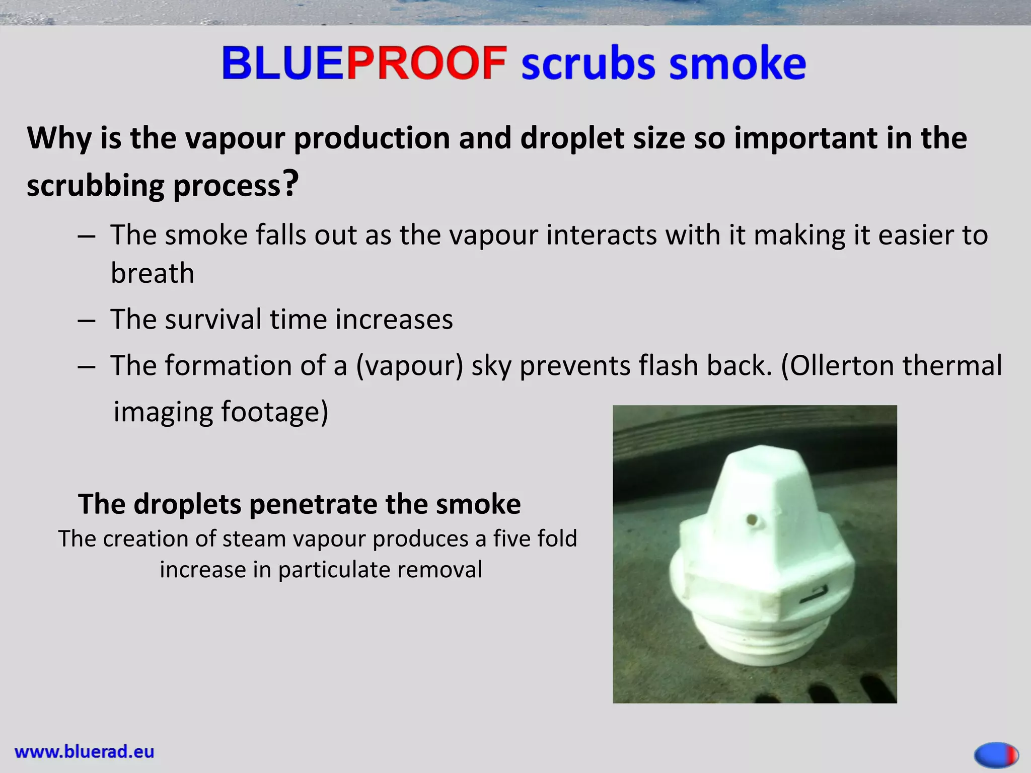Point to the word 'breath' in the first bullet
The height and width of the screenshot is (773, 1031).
click(153, 273)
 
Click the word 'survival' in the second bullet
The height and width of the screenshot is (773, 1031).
click(219, 319)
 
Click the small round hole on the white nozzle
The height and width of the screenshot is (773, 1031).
click(753, 519)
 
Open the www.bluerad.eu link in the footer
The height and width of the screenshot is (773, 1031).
click(85, 752)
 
